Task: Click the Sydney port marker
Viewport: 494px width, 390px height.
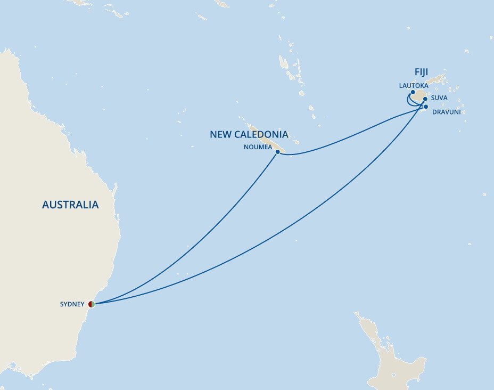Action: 92,304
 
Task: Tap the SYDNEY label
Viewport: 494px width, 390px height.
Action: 72,304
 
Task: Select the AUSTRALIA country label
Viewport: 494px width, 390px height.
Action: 70,205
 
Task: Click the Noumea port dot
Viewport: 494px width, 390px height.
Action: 277,152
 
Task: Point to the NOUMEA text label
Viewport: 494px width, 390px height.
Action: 257,147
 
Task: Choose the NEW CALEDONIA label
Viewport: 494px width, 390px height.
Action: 249,134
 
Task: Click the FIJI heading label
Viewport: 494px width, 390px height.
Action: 421,72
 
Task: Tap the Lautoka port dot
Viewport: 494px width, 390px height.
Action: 413,92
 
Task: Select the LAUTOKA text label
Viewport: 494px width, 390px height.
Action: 414,85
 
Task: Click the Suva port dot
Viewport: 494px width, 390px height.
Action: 425,99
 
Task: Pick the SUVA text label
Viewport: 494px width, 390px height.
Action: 439,98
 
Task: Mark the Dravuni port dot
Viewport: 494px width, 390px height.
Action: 426,107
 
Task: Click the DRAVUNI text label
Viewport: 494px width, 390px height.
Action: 446,112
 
